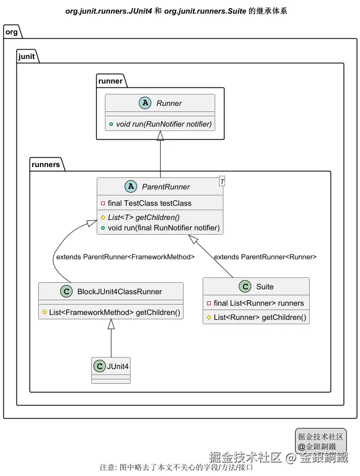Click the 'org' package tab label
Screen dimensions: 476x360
(11, 32)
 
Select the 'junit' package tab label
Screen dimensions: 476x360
(27, 56)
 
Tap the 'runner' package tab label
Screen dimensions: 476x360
(111, 81)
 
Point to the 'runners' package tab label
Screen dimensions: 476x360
(46, 164)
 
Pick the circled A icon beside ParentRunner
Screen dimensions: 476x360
(131, 187)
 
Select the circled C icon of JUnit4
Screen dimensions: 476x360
(100, 365)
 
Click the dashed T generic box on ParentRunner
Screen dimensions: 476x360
(222, 181)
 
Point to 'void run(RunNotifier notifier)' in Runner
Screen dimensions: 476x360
(163, 124)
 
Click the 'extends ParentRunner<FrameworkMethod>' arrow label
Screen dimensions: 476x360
(125, 257)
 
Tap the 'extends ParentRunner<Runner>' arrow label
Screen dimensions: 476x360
(265, 257)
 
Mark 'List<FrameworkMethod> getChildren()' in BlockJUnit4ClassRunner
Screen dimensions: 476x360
(114, 312)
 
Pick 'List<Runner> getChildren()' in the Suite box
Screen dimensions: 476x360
(259, 317)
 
